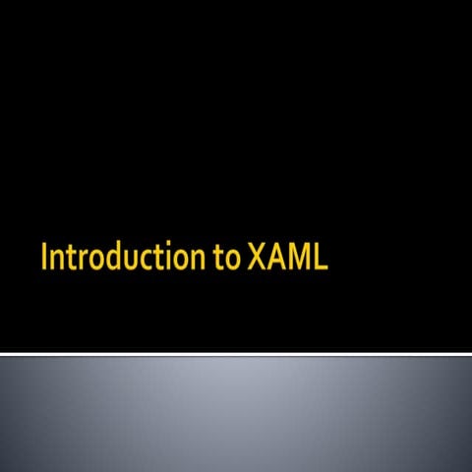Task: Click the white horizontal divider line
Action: click(x=236, y=353)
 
